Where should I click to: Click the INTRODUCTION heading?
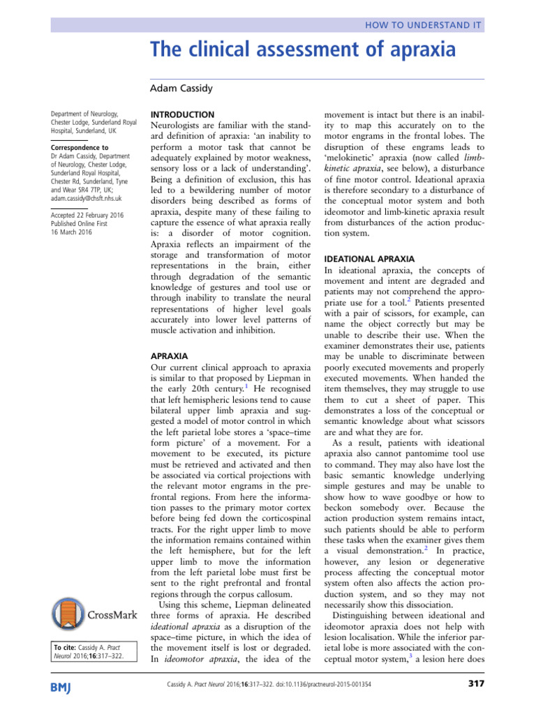183,114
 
